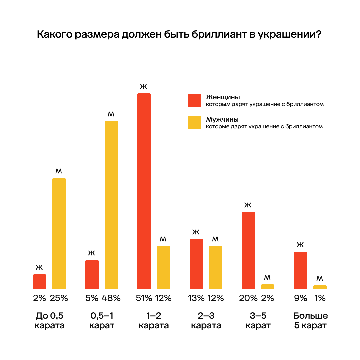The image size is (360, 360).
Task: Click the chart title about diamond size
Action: tap(179, 35)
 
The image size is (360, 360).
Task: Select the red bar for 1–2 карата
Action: tap(144, 191)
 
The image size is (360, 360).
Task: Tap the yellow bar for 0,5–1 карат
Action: tap(111, 205)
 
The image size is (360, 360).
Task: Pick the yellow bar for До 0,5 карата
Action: tap(59, 233)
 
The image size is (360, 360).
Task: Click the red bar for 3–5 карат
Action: tap(248, 250)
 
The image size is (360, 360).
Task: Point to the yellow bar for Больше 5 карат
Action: tap(320, 287)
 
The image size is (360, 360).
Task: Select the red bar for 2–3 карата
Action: tap(196, 264)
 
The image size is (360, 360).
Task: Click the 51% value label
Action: tap(144, 298)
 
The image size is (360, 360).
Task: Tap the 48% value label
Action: tap(111, 298)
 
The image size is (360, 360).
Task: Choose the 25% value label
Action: tap(59, 298)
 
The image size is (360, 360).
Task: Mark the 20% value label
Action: tap(248, 298)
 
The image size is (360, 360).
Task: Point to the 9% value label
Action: tap(300, 298)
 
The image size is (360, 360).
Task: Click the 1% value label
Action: tap(320, 298)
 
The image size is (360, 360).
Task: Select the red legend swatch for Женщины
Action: tap(194, 100)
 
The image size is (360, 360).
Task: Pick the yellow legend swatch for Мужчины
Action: tap(194, 123)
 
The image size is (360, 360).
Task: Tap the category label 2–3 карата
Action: tap(206, 320)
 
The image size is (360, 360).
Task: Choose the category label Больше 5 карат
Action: tap(310, 320)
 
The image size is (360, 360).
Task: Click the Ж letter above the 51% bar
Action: tap(144, 87)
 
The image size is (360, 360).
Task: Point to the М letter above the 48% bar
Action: tap(111, 114)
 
